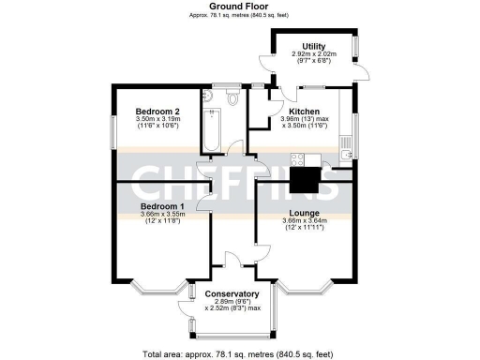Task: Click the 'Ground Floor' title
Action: [x=235, y=7]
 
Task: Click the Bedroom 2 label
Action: [x=158, y=111]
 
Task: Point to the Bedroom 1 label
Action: [x=162, y=205]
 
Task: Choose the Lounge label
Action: [x=306, y=214]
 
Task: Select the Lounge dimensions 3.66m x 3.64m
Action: [x=305, y=223]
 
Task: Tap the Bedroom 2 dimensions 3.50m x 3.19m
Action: [x=158, y=120]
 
